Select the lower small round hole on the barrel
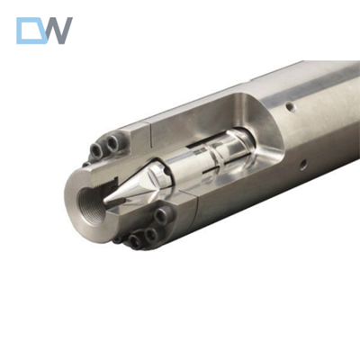tap(303, 165)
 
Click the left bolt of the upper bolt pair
tap(97, 149)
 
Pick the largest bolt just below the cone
tap(162, 215)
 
